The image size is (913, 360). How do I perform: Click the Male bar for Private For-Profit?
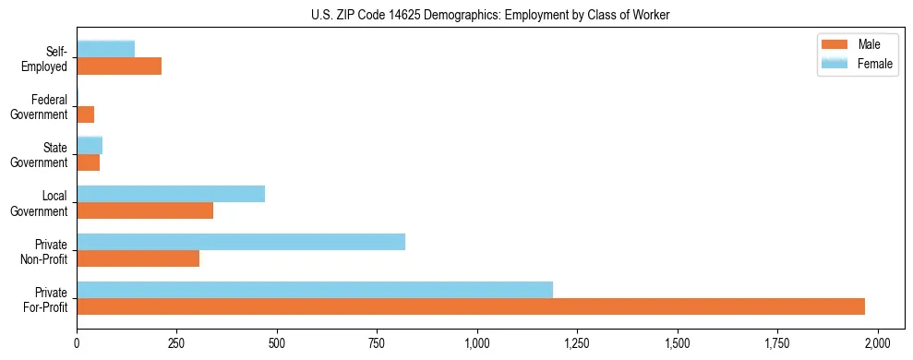click(x=471, y=306)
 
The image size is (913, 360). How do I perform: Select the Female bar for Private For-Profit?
click(x=315, y=290)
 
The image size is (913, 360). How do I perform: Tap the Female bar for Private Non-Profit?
click(x=241, y=242)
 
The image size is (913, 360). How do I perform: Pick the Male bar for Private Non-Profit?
click(x=138, y=258)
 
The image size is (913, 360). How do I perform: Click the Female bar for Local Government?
click(x=171, y=194)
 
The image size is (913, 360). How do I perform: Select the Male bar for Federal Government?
click(x=86, y=114)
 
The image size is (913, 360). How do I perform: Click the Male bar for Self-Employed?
click(x=119, y=66)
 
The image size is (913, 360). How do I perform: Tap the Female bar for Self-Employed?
click(x=106, y=49)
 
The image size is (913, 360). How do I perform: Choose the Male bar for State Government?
click(x=89, y=162)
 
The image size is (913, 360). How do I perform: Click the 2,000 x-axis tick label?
click(x=878, y=342)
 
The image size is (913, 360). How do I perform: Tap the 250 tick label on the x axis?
click(x=176, y=342)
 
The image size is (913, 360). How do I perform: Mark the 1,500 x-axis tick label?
click(x=678, y=342)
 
